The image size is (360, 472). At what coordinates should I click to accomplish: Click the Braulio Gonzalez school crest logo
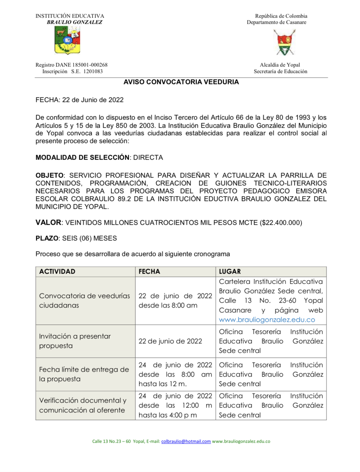point(67,40)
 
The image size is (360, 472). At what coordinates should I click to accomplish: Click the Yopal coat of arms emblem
point(284,42)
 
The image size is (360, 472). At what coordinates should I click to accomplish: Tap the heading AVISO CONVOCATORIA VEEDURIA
point(181,82)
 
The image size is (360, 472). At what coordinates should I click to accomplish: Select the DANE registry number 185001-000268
point(87,65)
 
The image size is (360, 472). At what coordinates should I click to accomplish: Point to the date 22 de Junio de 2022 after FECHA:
point(93,100)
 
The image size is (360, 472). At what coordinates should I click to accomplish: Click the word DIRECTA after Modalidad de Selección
point(148,158)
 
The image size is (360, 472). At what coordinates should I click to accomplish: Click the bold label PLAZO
point(47,238)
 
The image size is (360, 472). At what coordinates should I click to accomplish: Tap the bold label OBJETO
point(49,176)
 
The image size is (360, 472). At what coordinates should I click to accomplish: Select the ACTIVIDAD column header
point(57,272)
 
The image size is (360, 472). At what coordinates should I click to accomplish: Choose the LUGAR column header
point(230,272)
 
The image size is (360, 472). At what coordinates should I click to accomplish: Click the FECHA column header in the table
point(149,272)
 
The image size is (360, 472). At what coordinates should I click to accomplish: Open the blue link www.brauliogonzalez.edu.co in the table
point(267,320)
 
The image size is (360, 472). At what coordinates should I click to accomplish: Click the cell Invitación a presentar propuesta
point(75,341)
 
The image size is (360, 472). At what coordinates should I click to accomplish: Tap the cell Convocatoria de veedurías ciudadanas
point(84,301)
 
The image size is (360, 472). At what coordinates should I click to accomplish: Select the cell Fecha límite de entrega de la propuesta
point(84,374)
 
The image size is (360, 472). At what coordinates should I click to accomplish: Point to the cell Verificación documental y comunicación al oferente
point(82,405)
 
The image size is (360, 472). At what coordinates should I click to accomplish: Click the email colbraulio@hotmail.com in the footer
point(186,441)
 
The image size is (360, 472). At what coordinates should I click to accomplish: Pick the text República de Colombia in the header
point(281,16)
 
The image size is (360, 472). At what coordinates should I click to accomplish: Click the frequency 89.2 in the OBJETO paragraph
point(124,199)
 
